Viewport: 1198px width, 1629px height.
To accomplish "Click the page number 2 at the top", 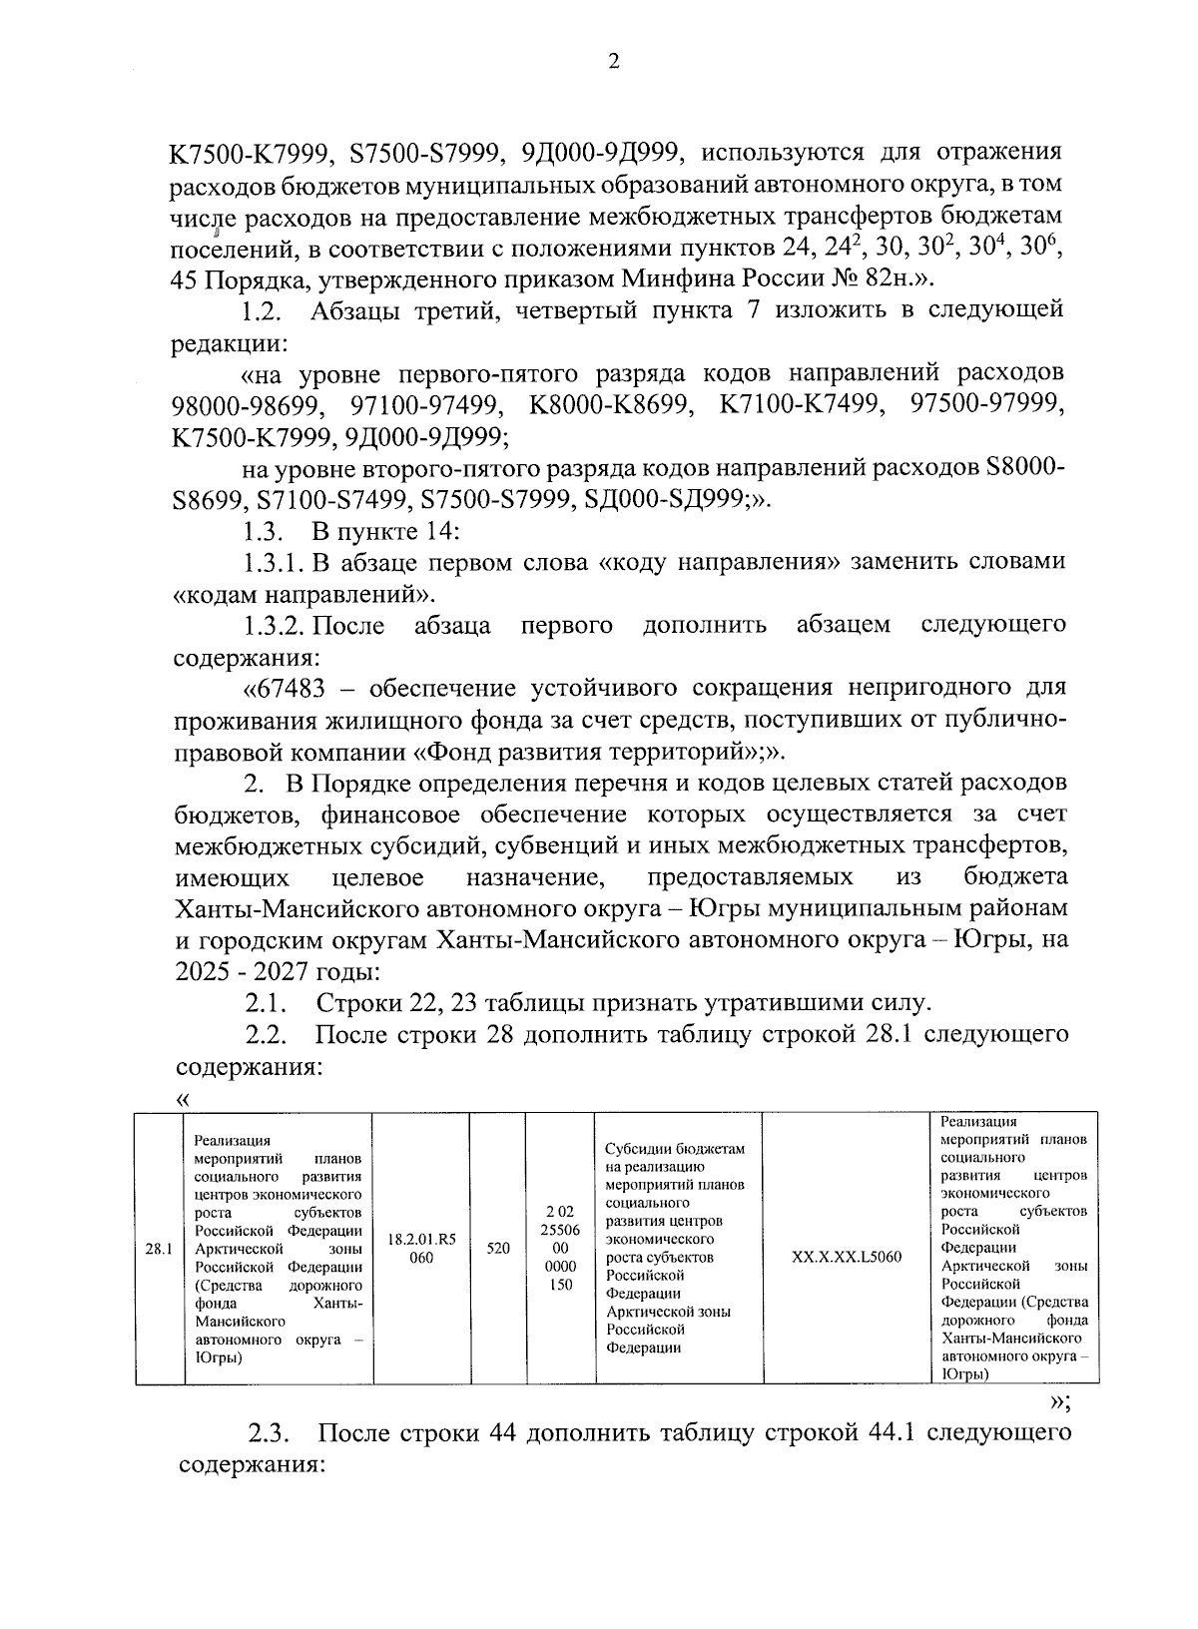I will tap(614, 62).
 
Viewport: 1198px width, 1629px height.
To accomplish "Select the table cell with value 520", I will tap(498, 1248).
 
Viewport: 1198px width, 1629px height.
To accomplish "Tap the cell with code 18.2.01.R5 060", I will tap(421, 1248).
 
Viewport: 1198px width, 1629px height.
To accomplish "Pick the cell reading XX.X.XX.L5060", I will tap(846, 1257).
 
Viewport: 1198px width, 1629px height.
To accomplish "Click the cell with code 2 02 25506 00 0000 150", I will tap(561, 1248).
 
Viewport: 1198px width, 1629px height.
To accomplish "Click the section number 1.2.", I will tap(264, 311).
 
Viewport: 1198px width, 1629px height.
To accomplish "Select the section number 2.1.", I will tap(267, 1002).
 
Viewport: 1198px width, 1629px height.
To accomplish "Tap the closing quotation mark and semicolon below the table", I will tap(1060, 1401).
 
